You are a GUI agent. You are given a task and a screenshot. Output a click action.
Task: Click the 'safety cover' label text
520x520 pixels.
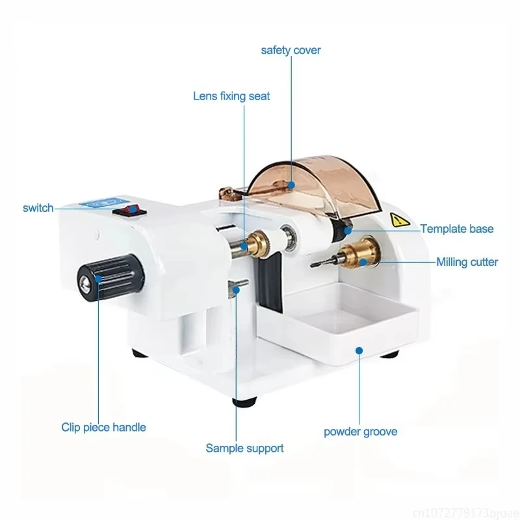[x=291, y=50]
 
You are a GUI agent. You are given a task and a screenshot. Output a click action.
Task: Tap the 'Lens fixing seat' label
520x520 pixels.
[x=231, y=96]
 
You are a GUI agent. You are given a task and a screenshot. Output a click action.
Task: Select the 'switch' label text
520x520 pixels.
[x=38, y=208]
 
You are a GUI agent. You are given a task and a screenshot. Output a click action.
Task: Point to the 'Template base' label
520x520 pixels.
[x=456, y=229]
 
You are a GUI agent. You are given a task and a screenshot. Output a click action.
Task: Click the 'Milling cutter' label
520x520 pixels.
[x=467, y=262]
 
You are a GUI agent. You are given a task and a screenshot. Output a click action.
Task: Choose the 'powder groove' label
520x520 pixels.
[x=360, y=432]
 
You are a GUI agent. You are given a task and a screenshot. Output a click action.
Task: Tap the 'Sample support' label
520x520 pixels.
[x=244, y=448]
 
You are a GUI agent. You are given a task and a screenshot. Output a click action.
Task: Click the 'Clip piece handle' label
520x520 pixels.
[x=103, y=427]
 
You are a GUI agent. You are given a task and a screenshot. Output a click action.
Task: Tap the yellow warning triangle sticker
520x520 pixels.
[x=395, y=219]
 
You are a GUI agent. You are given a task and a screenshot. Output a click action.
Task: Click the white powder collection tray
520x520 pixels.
[x=338, y=325]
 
